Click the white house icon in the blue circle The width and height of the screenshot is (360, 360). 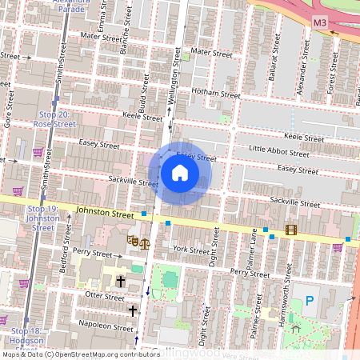coord(179,173)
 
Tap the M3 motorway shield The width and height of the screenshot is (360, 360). coord(320,22)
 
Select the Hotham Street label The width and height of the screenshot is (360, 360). coord(216,94)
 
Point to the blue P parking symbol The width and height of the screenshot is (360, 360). coord(309,301)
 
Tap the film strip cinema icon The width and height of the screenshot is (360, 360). coord(290,230)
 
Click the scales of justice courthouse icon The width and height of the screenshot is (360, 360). coord(145,241)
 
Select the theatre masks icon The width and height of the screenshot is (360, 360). coord(134,240)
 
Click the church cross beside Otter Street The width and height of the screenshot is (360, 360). coord(121,281)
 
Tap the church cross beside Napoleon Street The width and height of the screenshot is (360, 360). coord(133,310)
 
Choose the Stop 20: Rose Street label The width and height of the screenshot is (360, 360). coord(56,120)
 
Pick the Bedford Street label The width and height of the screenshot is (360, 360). coord(64,254)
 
